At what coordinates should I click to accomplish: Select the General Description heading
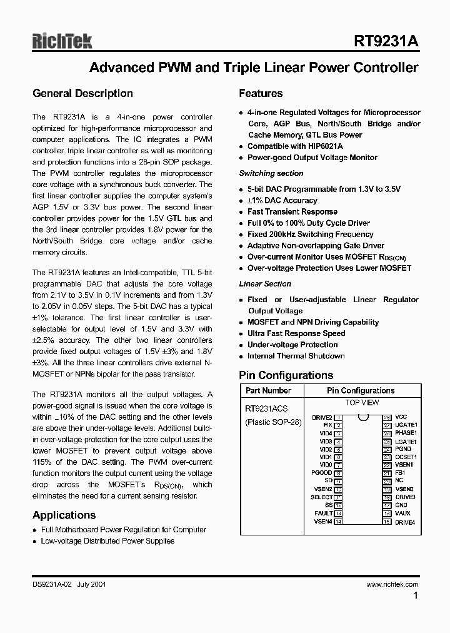click(x=82, y=94)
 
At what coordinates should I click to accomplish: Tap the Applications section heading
click(x=64, y=515)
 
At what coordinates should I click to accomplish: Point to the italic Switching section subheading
click(x=271, y=173)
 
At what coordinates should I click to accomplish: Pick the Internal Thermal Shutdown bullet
click(x=296, y=356)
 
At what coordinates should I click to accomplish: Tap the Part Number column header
click(x=268, y=390)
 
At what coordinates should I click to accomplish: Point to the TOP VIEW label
click(x=362, y=403)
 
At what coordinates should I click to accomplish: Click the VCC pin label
click(x=401, y=417)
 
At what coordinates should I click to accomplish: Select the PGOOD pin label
click(x=322, y=473)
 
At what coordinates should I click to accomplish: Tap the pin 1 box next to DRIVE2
click(x=338, y=417)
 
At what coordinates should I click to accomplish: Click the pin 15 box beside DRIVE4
click(x=387, y=522)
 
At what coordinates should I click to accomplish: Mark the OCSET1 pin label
click(x=406, y=457)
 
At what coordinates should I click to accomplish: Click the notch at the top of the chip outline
click(x=362, y=417)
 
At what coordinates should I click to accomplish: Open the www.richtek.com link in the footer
click(x=392, y=584)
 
